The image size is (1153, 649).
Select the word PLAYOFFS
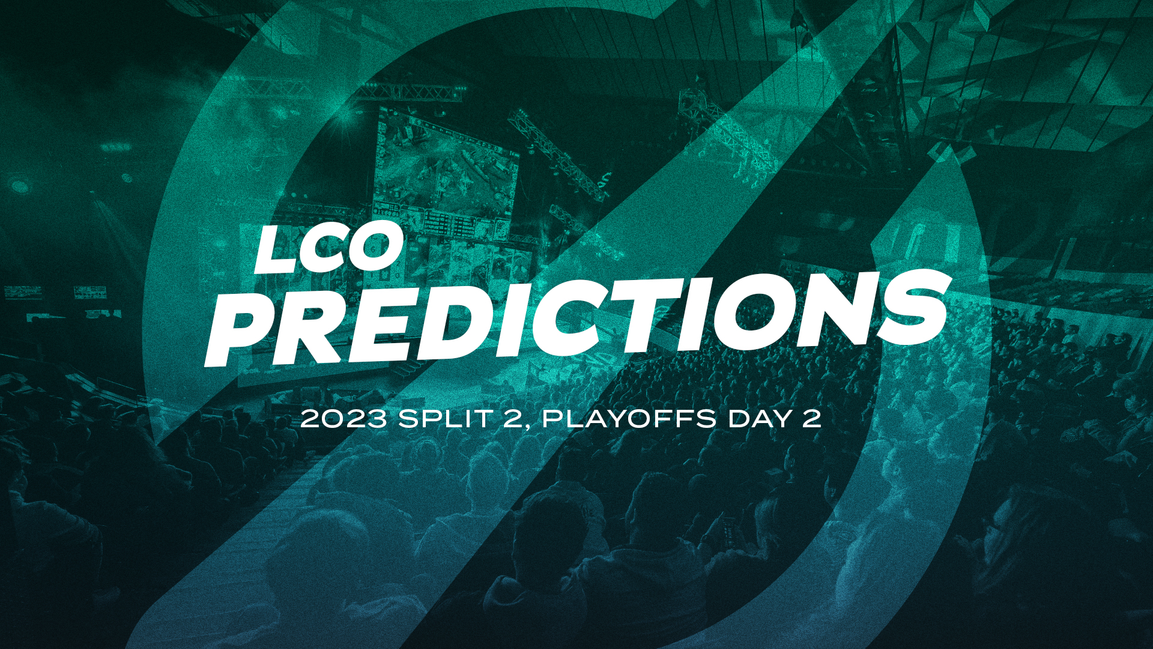tap(629, 418)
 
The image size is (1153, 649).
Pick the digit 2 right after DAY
tap(811, 418)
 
